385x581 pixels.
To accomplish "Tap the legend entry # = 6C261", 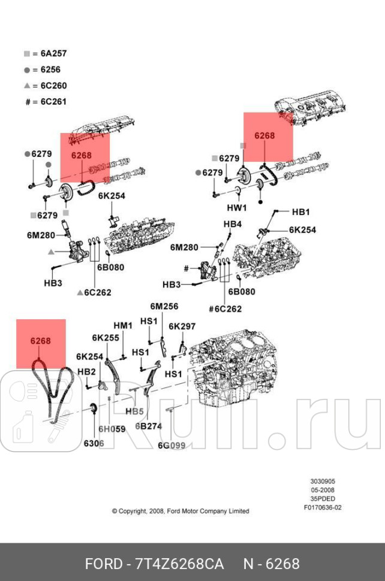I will pyautogui.click(x=46, y=102).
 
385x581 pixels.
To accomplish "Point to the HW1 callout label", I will pyautogui.click(x=237, y=208).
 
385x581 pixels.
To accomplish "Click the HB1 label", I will pyautogui.click(x=300, y=212).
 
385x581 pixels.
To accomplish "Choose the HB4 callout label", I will pyautogui.click(x=233, y=224).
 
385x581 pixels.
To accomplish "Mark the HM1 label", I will pyautogui.click(x=122, y=325).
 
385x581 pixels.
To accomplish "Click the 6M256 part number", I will pyautogui.click(x=164, y=306).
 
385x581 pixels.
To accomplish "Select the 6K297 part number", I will pyautogui.click(x=182, y=326).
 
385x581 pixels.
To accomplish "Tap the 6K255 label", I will pyautogui.click(x=105, y=338).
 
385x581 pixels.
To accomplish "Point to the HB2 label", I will pyautogui.click(x=86, y=371).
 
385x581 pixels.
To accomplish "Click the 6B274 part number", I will pyautogui.click(x=148, y=426).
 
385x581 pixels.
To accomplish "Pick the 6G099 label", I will pyautogui.click(x=172, y=445).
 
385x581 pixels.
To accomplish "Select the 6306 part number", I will pyautogui.click(x=93, y=443).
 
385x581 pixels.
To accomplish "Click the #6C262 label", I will pyautogui.click(x=225, y=309).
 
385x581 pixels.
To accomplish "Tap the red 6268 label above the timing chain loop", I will pyautogui.click(x=41, y=341).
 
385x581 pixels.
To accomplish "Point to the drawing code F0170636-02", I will pyautogui.click(x=323, y=508).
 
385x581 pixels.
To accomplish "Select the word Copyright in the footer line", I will pyautogui.click(x=133, y=511).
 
